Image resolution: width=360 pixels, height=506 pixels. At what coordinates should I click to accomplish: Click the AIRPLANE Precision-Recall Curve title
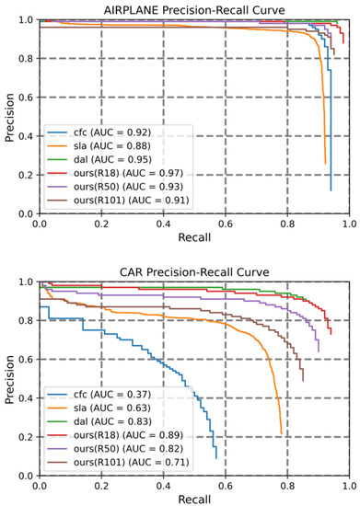point(193,8)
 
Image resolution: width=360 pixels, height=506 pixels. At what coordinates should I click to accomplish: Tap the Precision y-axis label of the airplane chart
point(8,116)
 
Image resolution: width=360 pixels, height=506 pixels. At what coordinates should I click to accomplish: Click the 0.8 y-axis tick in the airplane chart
point(25,58)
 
